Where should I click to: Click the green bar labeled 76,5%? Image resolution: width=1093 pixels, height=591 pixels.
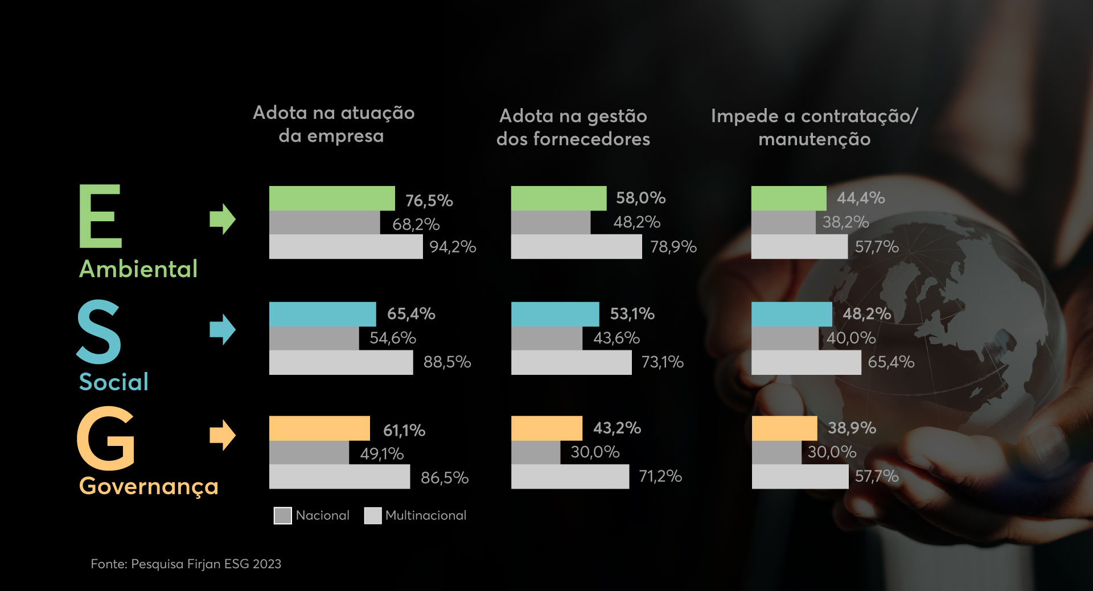332,198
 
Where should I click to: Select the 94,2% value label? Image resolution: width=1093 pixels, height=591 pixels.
453,247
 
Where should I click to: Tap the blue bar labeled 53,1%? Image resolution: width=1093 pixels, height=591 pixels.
555,314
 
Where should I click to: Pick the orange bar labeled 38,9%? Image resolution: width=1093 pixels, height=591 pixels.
784,428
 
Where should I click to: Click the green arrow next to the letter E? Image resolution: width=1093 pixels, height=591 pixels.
222,219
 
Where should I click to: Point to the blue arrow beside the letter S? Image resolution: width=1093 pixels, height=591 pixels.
222,329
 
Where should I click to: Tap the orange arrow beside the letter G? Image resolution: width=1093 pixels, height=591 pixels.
222,435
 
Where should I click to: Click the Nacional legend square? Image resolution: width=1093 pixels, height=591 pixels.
283,515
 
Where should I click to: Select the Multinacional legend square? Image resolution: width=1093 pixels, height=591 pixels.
373,515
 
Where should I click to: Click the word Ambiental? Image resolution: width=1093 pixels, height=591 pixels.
138,269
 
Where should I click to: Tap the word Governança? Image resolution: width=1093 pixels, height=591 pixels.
149,486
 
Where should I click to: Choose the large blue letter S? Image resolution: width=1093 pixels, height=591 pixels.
99,333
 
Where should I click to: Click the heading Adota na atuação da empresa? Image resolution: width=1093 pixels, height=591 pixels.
334,124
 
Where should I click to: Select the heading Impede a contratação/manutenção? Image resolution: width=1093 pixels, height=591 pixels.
814,127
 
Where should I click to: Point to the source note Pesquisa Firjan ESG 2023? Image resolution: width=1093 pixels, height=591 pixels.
186,564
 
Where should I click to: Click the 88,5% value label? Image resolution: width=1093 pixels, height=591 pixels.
447,362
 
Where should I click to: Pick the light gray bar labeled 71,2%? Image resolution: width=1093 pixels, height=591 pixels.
570,477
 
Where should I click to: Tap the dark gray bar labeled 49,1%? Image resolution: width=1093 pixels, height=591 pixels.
309,453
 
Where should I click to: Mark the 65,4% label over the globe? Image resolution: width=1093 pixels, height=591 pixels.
891,362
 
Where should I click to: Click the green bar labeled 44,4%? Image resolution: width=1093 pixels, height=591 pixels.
788,198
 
